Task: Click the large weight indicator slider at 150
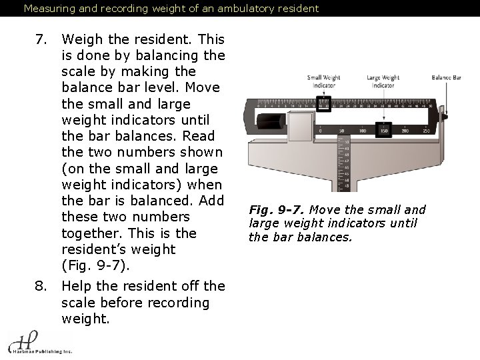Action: [x=383, y=129]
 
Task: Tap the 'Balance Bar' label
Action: [x=446, y=78]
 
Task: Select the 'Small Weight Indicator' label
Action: [x=323, y=82]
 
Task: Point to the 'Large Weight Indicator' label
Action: [x=383, y=82]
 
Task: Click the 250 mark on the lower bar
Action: [x=426, y=131]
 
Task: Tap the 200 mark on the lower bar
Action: [x=405, y=131]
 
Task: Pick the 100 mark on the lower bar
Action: [x=362, y=131]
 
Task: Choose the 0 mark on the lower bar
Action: [x=320, y=131]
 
